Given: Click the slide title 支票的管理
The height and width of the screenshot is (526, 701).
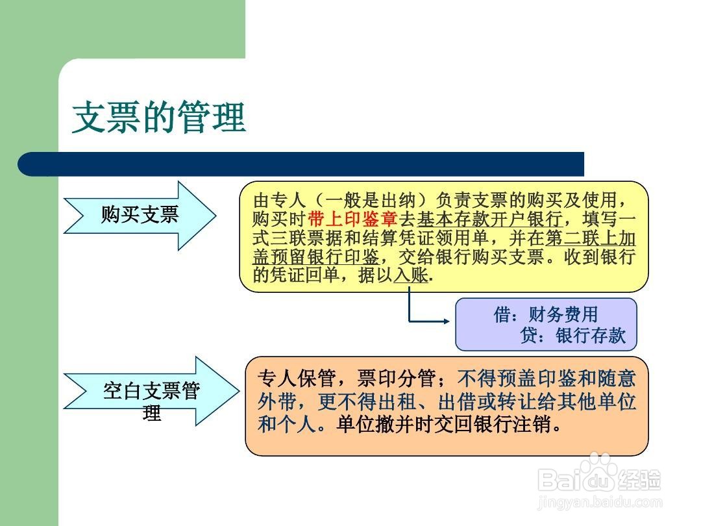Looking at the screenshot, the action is coord(159,117).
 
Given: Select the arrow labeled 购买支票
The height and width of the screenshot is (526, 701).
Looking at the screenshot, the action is coord(140,216).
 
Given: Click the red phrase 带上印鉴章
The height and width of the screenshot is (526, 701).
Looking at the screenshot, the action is coord(352,219).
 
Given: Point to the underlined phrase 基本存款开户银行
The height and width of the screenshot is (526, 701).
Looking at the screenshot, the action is coord(490,219).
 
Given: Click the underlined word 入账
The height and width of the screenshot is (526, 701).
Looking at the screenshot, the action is coord(411,275).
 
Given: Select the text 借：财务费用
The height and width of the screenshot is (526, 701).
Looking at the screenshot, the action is coord(545,314).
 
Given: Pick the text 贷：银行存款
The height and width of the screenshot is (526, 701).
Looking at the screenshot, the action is coord(572,335).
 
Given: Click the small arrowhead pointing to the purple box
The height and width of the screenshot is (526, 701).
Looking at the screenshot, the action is coord(446,321).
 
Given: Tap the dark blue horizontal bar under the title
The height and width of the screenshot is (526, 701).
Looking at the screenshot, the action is coord(301,164).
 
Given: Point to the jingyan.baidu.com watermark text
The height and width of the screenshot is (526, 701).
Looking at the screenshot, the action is coord(600,502).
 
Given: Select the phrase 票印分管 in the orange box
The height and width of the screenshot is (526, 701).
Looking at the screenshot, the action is coord(396,379).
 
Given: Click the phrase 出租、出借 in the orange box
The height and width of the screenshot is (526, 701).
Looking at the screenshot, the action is coord(426,401).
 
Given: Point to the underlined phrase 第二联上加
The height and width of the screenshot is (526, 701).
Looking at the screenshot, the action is coord(591,238).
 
